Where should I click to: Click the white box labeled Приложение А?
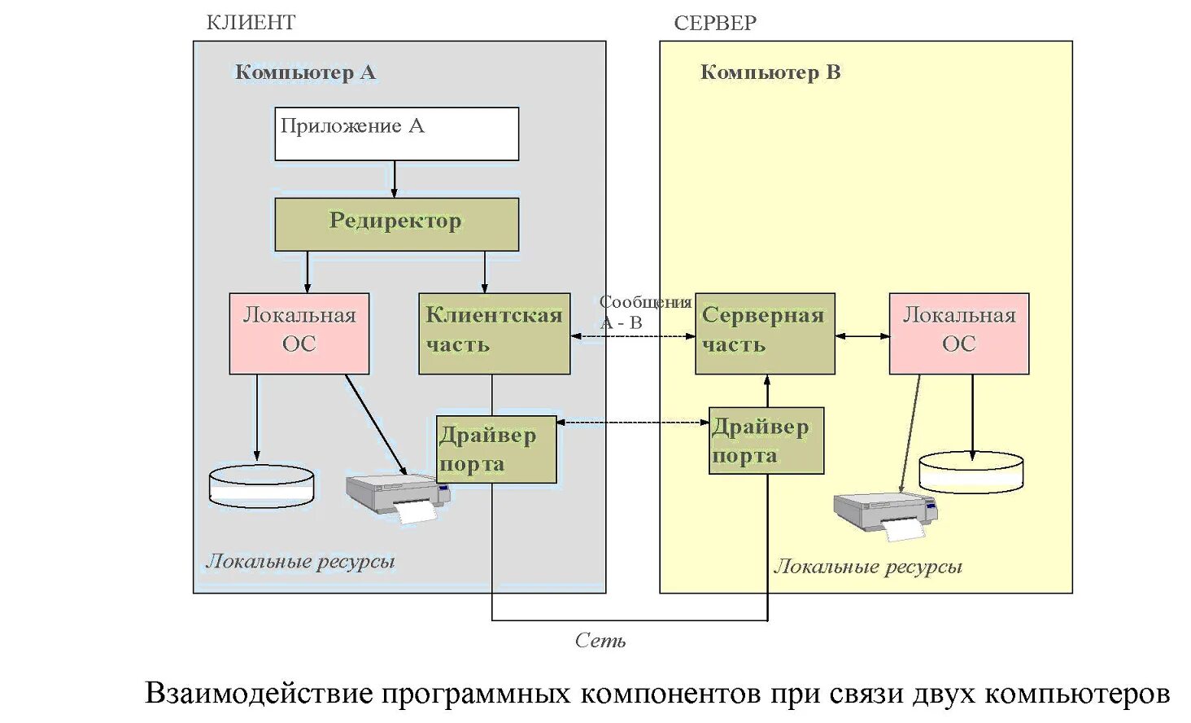(396, 134)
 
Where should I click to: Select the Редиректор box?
(396, 224)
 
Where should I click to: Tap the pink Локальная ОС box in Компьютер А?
(299, 333)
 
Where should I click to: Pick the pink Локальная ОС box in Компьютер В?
(958, 333)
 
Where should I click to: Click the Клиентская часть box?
(494, 333)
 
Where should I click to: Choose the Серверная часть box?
(765, 333)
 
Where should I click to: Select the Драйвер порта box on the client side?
(496, 449)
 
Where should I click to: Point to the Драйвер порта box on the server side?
(766, 440)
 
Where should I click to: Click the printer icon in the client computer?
(398, 497)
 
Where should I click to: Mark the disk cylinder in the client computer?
(261, 486)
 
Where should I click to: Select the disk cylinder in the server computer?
(971, 472)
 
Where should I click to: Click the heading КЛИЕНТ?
(251, 23)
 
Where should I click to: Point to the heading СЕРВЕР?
(714, 24)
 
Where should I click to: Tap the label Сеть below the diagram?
(600, 641)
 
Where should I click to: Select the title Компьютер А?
(305, 72)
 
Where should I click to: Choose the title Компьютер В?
(770, 72)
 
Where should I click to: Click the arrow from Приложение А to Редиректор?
(395, 179)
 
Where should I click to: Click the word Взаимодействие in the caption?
(259, 694)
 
